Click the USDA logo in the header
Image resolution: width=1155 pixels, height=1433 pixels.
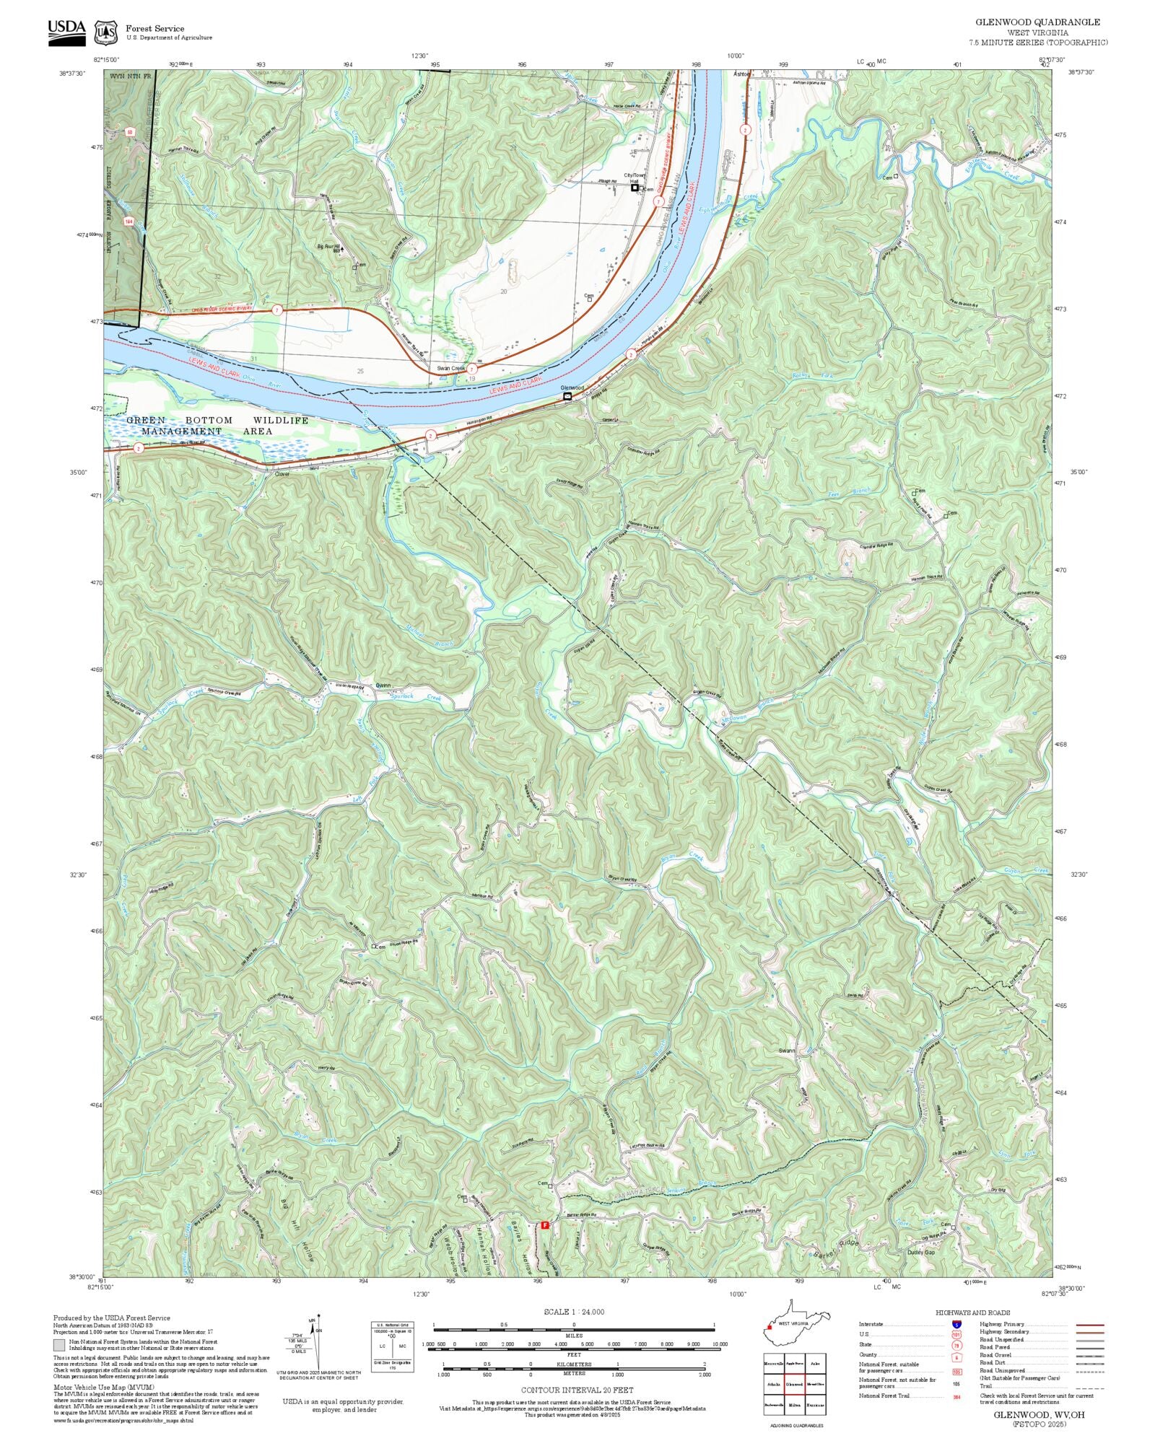pyautogui.click(x=66, y=32)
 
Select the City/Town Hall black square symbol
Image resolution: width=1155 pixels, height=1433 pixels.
pyautogui.click(x=635, y=188)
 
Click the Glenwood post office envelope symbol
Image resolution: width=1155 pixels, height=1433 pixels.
pyautogui.click(x=567, y=395)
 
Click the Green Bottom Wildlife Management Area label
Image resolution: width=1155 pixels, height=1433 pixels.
pyautogui.click(x=217, y=425)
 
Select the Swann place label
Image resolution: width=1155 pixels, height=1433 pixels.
pyautogui.click(x=786, y=1051)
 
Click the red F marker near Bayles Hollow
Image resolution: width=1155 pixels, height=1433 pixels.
pyautogui.click(x=544, y=1224)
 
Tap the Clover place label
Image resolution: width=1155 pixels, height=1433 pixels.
pyautogui.click(x=282, y=474)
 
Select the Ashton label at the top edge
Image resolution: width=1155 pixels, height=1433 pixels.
pyautogui.click(x=742, y=74)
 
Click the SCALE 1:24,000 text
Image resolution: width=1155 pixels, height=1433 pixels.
pyautogui.click(x=574, y=1312)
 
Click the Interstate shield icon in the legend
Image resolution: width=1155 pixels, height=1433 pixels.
pyautogui.click(x=956, y=1324)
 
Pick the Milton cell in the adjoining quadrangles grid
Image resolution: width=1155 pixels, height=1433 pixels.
pyautogui.click(x=795, y=1405)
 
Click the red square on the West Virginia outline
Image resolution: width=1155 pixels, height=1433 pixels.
pyautogui.click(x=770, y=1326)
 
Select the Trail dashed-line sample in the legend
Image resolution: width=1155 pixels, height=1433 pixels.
pyautogui.click(x=1089, y=1385)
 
